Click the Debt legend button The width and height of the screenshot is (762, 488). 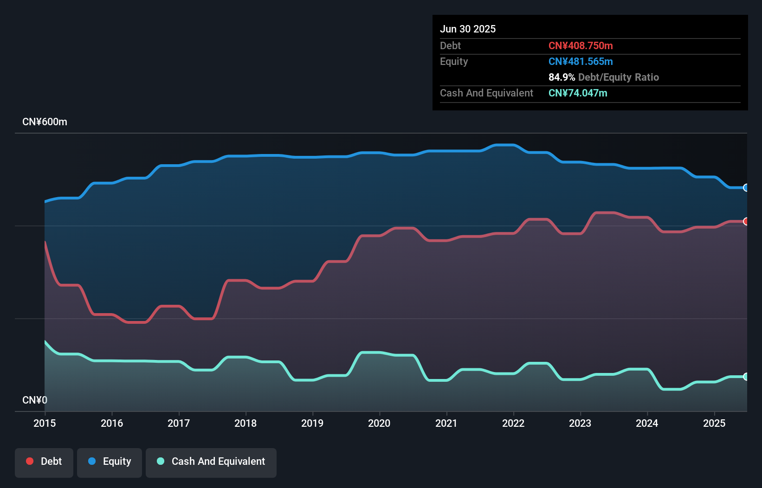[44, 462]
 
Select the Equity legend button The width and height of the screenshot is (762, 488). [110, 462]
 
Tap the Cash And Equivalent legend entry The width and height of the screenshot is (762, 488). [211, 462]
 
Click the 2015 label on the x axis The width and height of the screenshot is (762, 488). [45, 423]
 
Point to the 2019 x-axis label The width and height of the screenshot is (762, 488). [312, 423]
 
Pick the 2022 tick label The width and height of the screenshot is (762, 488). [513, 423]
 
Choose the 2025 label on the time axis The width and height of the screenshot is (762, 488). [714, 423]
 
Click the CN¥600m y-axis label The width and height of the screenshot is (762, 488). [45, 122]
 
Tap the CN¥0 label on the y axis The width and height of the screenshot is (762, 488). [35, 400]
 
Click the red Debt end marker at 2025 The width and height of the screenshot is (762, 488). [746, 221]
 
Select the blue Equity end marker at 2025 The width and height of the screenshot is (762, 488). [746, 187]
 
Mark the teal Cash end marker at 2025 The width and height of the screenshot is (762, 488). [746, 377]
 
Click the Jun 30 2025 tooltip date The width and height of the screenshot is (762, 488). [468, 29]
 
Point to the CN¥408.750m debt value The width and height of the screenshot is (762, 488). [581, 45]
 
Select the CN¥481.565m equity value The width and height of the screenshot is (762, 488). [581, 61]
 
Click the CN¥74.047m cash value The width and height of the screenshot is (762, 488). [578, 93]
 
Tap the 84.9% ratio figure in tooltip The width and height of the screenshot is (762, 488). [562, 77]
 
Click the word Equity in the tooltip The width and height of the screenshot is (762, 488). [454, 61]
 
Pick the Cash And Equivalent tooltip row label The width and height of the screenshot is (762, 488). [486, 93]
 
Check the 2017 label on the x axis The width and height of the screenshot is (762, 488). [179, 423]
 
